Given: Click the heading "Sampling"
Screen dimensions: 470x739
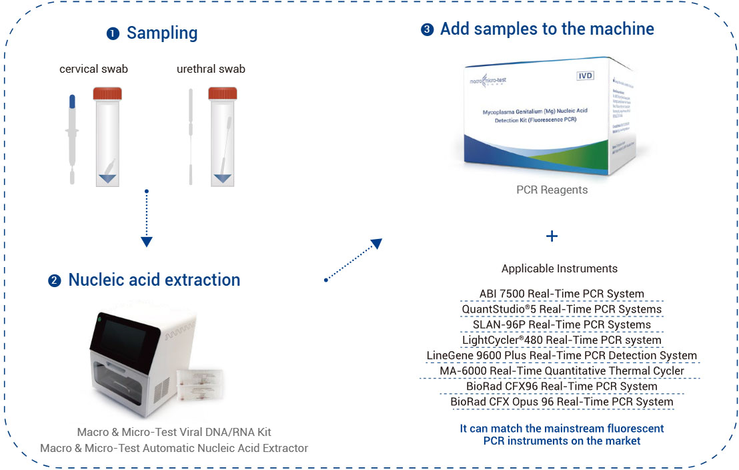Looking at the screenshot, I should pyautogui.click(x=161, y=33).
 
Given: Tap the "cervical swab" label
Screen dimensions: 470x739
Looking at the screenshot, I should pyautogui.click(x=93, y=69).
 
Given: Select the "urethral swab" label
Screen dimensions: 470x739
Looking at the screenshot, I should pyautogui.click(x=211, y=69).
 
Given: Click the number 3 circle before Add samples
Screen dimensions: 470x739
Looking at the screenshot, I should pyautogui.click(x=427, y=30).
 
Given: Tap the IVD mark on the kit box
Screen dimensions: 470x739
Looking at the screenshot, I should pyautogui.click(x=585, y=75).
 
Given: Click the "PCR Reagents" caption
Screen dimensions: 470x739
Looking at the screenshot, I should pyautogui.click(x=552, y=190).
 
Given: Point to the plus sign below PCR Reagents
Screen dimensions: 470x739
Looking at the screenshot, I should pyautogui.click(x=552, y=236).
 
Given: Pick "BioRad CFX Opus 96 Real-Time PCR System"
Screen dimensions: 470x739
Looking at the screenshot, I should pyautogui.click(x=562, y=401).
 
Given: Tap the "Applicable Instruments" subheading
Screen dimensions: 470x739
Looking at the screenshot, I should pyautogui.click(x=559, y=268).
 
